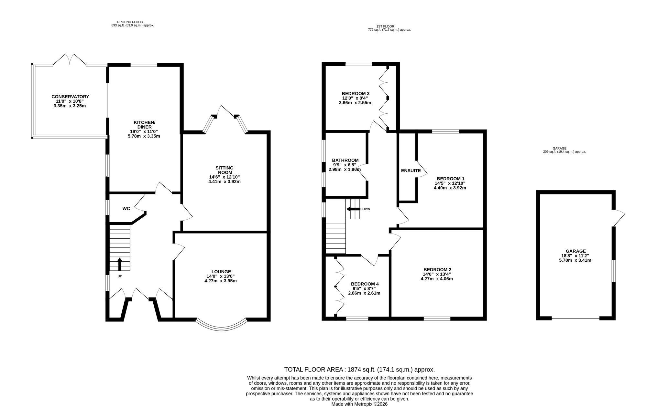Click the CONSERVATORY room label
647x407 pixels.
coord(70,97)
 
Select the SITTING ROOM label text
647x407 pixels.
coord(225,170)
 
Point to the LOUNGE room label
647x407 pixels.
coord(221,272)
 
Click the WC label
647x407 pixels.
coord(126,209)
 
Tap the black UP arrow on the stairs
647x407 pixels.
coord(119,264)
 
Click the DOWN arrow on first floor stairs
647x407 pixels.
coord(353,209)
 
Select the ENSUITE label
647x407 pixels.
coord(411,171)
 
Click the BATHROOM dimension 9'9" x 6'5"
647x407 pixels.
coord(345,165)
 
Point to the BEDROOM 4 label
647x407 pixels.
coord(365,284)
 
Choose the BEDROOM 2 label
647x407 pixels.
coord(437,270)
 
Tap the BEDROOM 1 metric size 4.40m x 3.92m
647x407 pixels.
coord(450,188)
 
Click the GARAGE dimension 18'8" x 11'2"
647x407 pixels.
coord(576,256)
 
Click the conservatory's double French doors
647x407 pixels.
coord(70,60)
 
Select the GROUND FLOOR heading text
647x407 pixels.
coord(130,22)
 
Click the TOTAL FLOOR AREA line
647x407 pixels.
coord(359,370)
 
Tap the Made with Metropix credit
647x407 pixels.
coord(359,404)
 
